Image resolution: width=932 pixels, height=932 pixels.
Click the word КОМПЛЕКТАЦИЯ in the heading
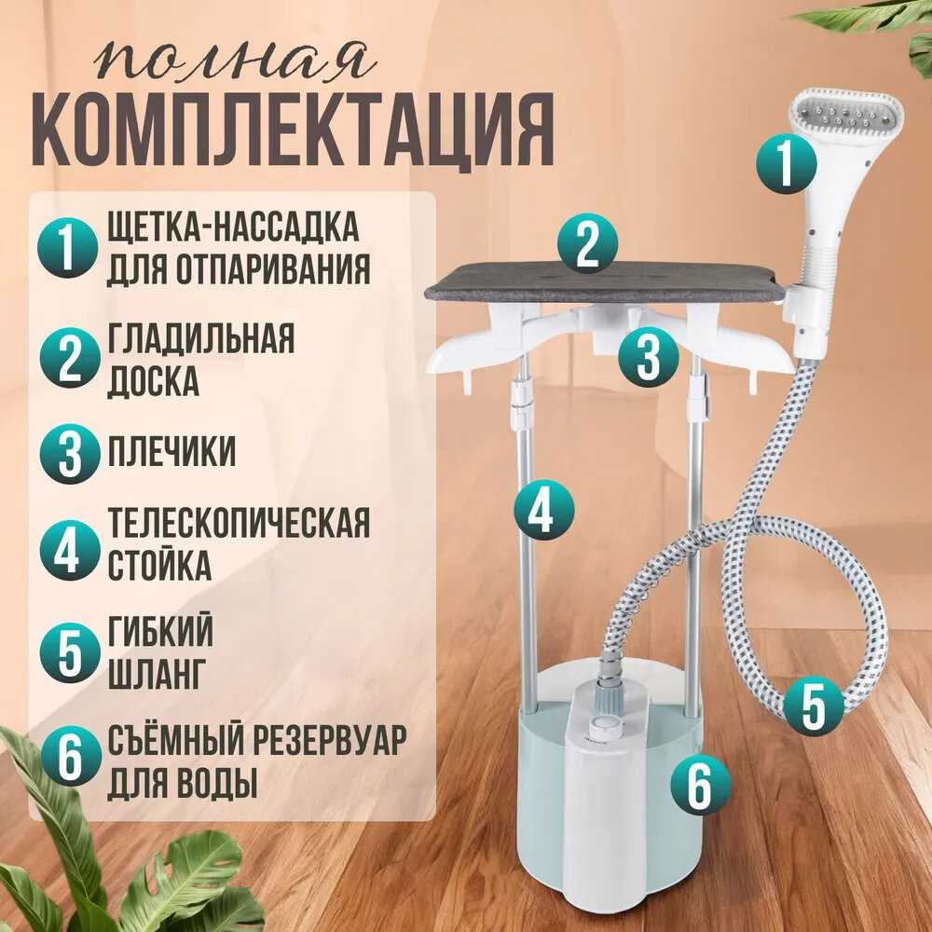(293, 131)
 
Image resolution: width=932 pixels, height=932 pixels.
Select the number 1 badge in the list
(67, 249)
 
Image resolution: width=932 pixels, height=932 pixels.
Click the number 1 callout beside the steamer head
(786, 163)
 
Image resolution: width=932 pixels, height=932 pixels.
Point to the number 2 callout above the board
(587, 243)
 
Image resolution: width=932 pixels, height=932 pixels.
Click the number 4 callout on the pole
(544, 510)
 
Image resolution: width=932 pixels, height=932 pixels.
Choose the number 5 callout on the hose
(813, 707)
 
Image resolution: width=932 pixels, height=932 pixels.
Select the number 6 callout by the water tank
(700, 786)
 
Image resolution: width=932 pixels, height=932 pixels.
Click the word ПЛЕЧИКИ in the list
(171, 451)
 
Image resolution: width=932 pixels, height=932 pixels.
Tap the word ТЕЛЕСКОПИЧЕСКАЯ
(239, 523)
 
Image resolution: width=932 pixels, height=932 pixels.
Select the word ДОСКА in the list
(153, 381)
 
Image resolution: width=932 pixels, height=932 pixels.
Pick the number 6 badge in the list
(69, 756)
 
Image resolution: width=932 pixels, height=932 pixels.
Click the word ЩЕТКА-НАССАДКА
(233, 226)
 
